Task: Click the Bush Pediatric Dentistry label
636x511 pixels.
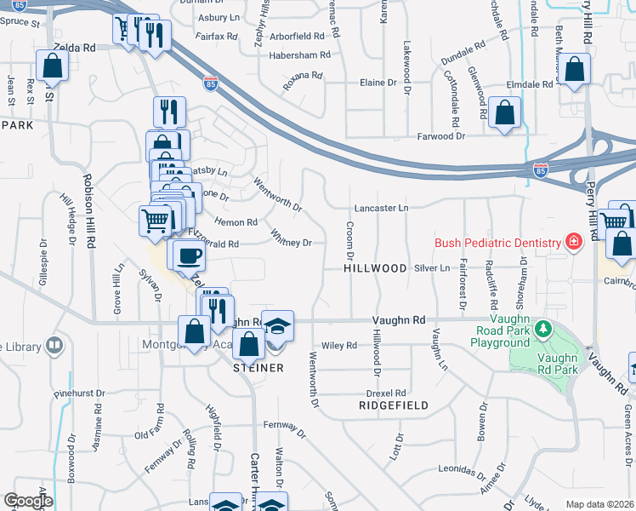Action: coord(498,243)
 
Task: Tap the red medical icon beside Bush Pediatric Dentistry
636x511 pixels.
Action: coord(574,243)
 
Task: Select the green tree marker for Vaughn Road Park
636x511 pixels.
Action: coord(542,328)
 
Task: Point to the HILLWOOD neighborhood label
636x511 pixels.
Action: coord(375,268)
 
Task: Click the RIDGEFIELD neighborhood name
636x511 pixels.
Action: coord(393,406)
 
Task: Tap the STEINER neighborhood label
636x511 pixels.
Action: coord(258,368)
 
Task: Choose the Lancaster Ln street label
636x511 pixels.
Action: coord(382,208)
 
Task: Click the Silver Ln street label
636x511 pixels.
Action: coord(432,268)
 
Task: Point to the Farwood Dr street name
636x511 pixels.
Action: coord(441,136)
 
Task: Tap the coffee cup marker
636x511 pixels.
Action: coord(189,254)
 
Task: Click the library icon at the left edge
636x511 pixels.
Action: coord(54,346)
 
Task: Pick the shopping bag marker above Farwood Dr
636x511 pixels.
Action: coord(504,112)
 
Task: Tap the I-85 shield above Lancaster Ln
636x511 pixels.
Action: coord(540,170)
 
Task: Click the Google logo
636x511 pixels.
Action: coord(28,501)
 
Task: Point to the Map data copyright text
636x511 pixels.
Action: coord(599,504)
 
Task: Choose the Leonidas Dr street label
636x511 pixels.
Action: coord(460,470)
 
